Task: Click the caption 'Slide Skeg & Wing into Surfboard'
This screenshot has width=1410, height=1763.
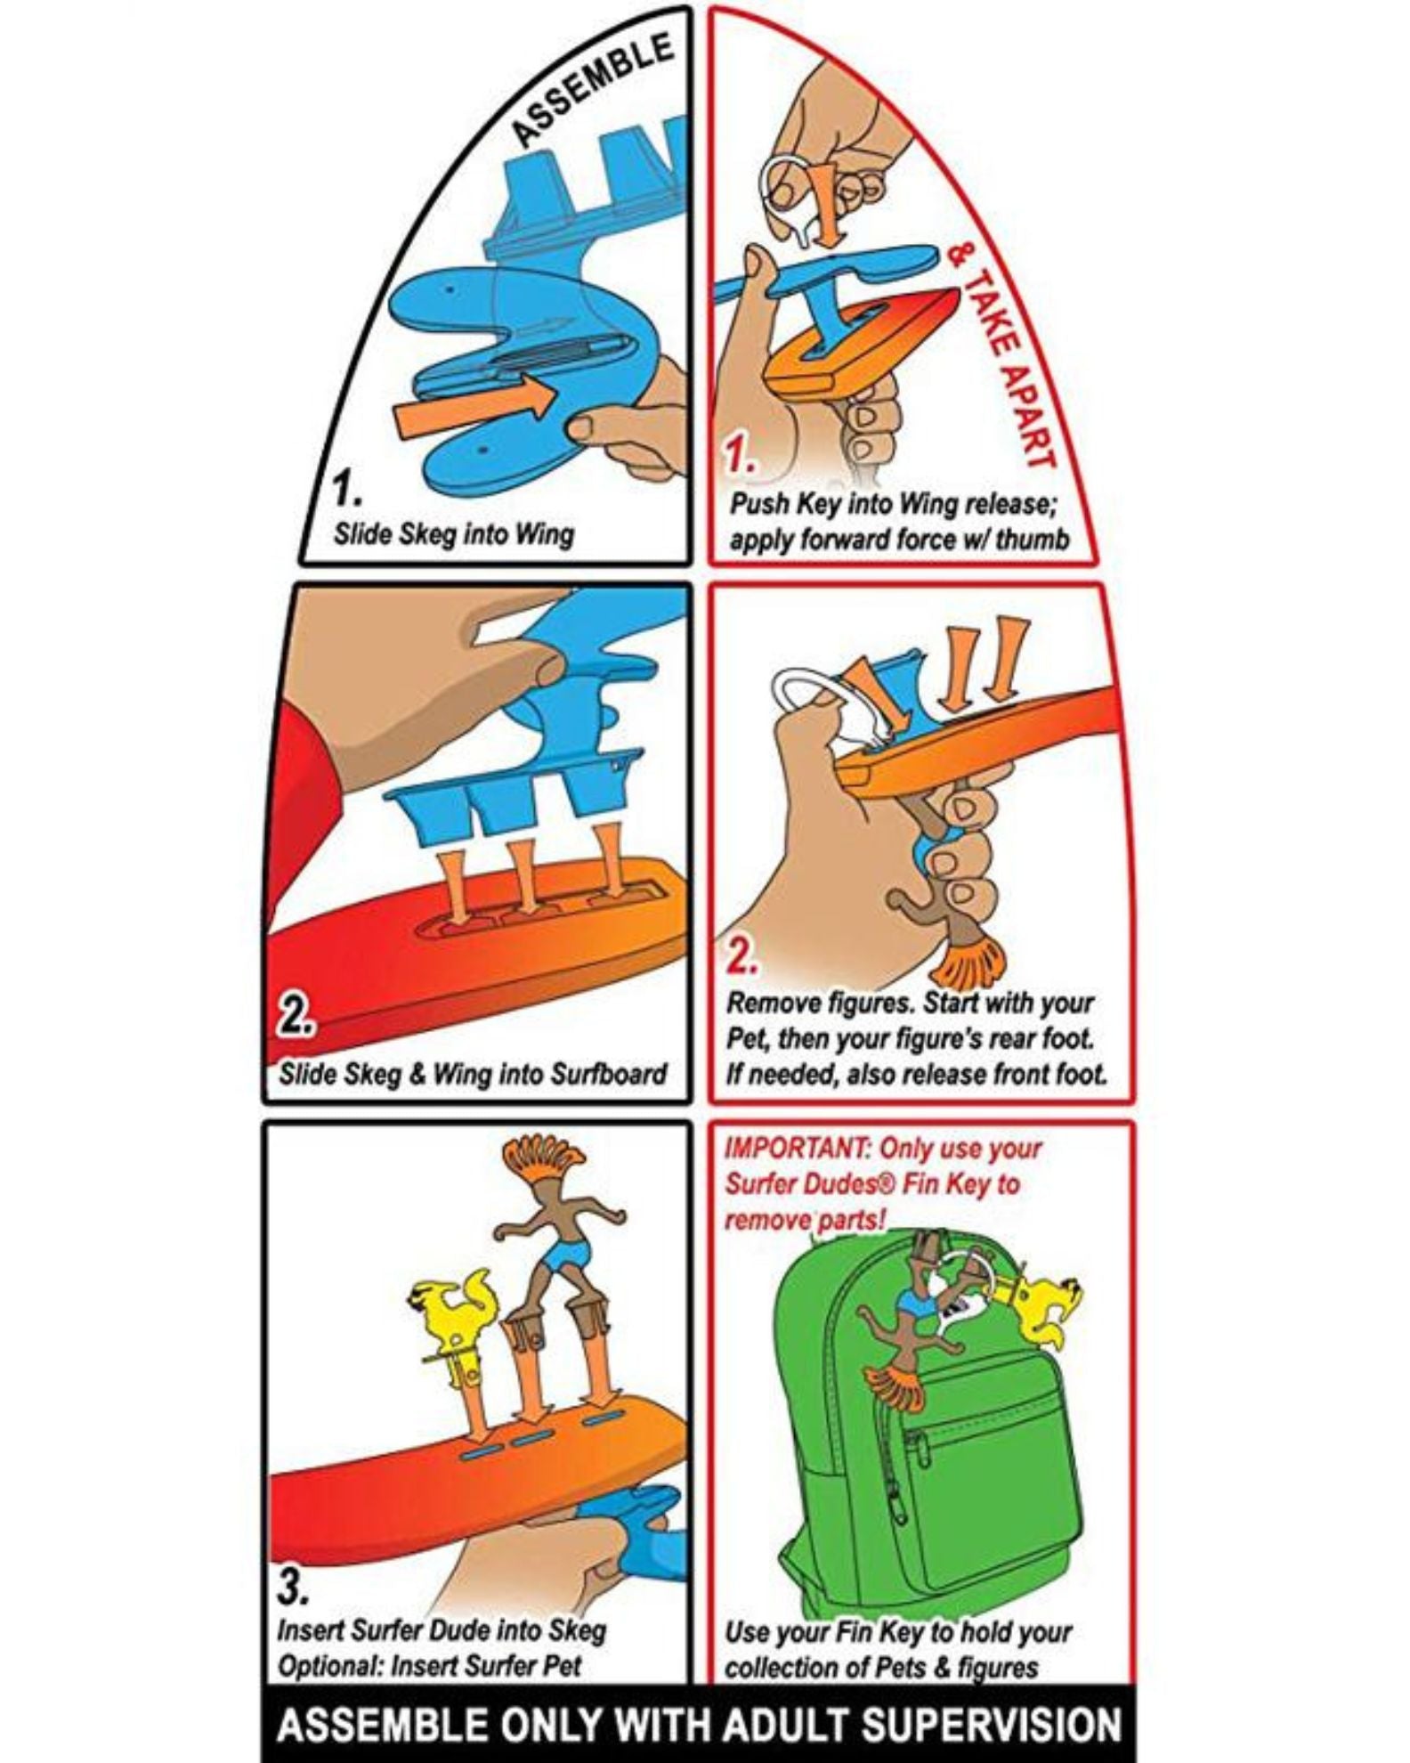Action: (x=473, y=1073)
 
